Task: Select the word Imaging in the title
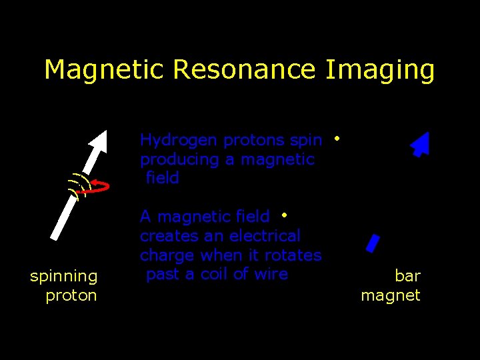click(380, 70)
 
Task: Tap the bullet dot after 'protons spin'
click(337, 139)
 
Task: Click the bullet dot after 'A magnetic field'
click(284, 215)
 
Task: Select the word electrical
click(265, 236)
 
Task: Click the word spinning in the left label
click(63, 276)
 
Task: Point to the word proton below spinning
click(71, 295)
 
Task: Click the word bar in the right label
click(407, 275)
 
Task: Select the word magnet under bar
click(391, 295)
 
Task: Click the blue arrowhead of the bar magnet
click(421, 143)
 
